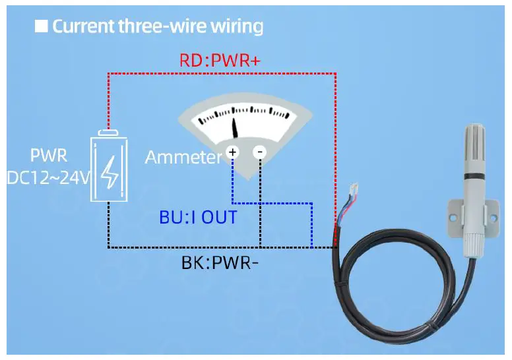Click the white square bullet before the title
click(x=42, y=26)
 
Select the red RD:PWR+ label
click(x=220, y=60)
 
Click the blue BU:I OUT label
click(x=198, y=217)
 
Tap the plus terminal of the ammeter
click(x=232, y=152)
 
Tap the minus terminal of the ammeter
click(x=260, y=152)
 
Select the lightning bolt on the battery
click(x=108, y=173)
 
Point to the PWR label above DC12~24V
click(x=48, y=157)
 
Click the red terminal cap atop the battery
click(x=108, y=133)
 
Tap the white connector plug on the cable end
click(x=353, y=192)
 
